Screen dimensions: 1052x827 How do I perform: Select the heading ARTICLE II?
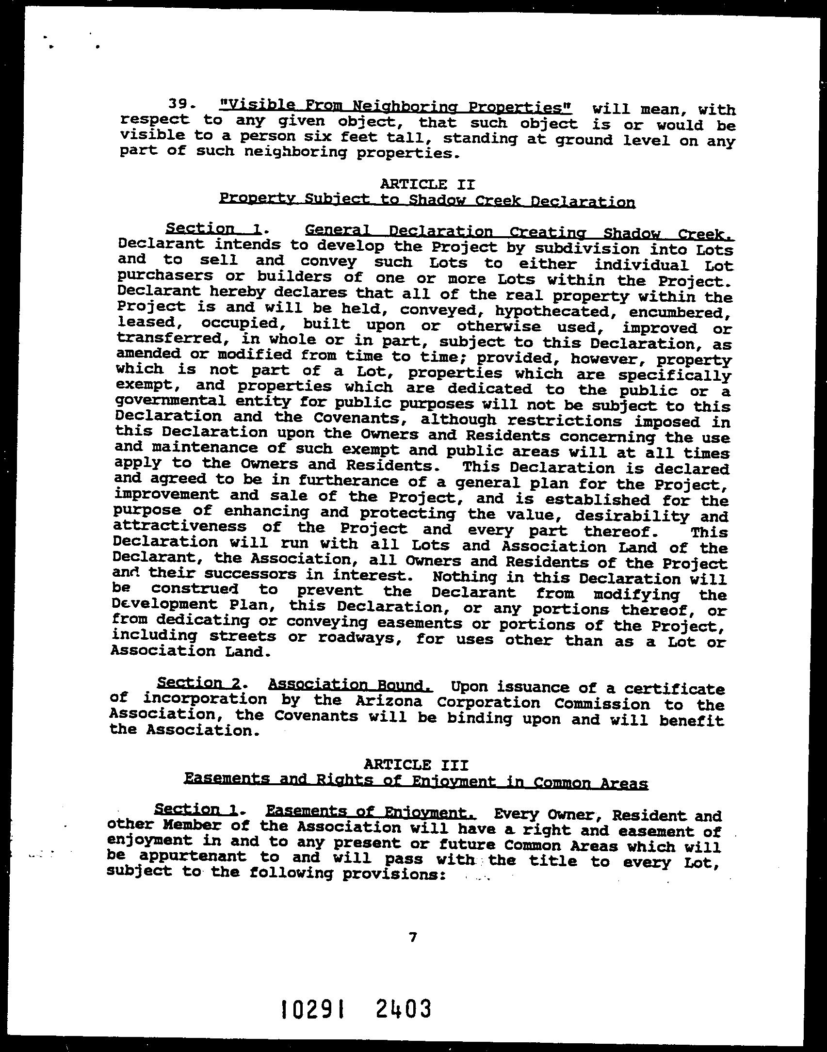tap(427, 184)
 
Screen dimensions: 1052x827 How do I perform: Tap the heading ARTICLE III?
tap(416, 765)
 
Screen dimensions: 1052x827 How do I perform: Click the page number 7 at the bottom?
tap(413, 938)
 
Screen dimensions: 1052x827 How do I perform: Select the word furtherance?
tap(351, 481)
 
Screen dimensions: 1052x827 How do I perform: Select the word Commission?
tap(608, 704)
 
